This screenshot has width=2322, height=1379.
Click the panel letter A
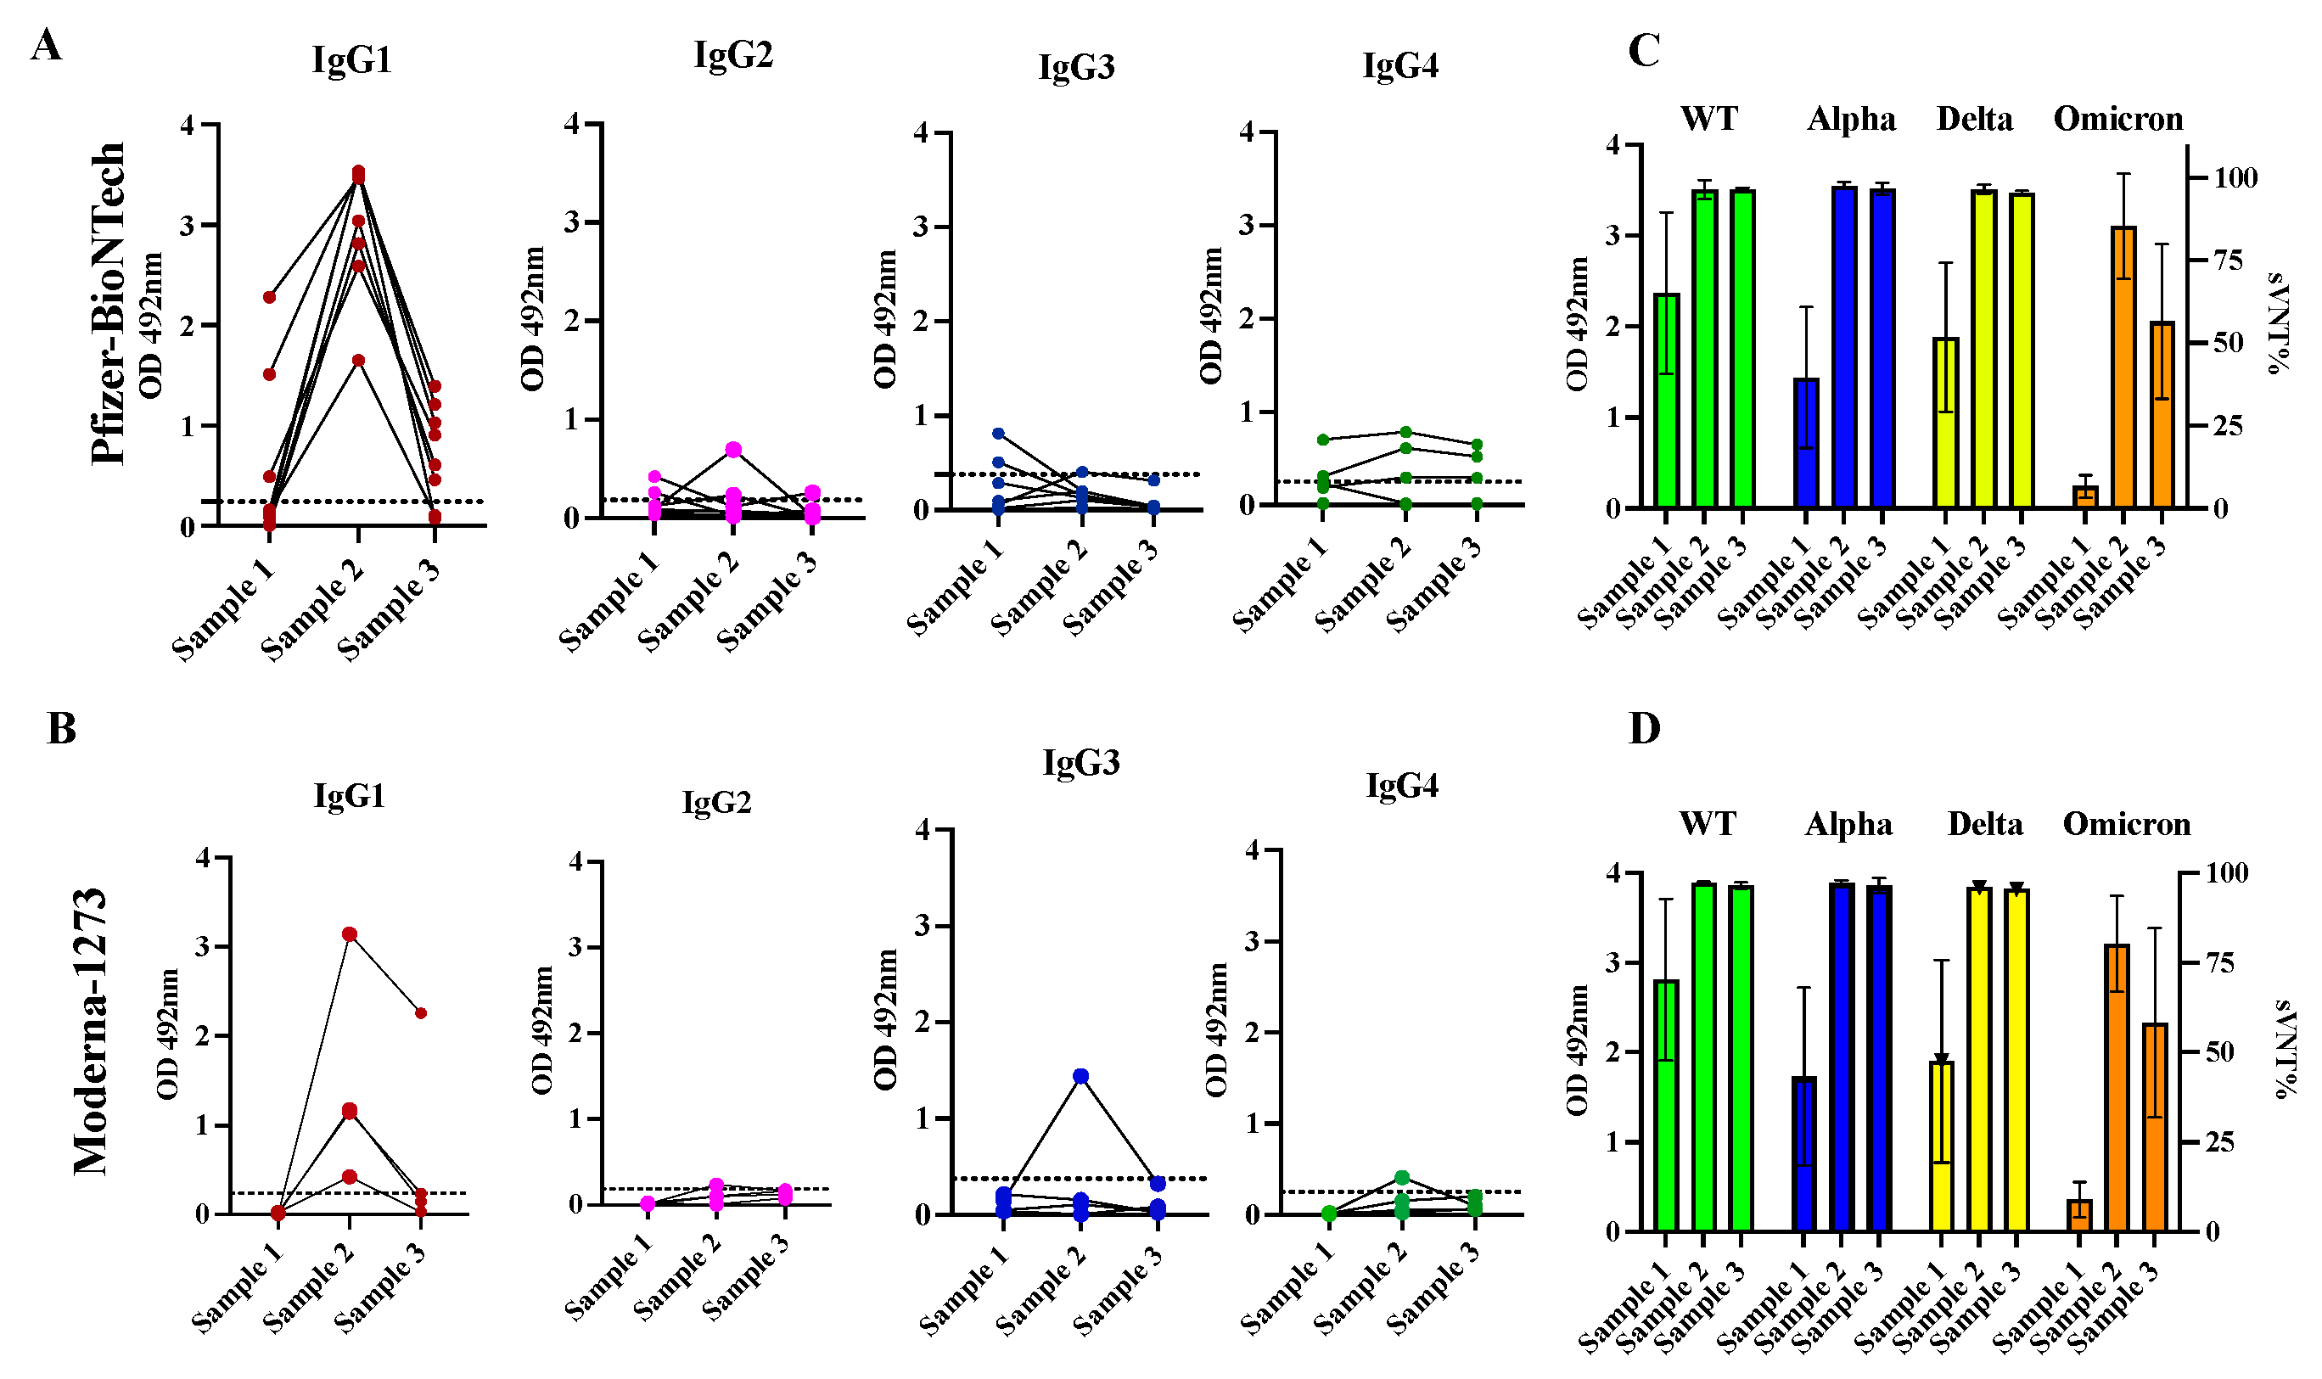46,45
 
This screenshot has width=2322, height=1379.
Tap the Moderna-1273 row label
91,1031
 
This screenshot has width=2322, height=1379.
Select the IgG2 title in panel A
732,55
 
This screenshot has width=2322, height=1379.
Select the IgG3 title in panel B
1080,762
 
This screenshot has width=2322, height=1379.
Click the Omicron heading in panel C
2117,119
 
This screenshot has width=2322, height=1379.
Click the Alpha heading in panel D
1848,824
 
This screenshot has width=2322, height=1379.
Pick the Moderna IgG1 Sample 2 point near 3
350,933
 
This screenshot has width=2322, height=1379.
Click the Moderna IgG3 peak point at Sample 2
1080,1076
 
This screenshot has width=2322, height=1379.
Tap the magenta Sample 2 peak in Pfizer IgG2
733,450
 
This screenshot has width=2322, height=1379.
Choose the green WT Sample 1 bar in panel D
1666,1106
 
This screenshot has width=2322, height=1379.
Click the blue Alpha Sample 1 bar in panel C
1806,442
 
